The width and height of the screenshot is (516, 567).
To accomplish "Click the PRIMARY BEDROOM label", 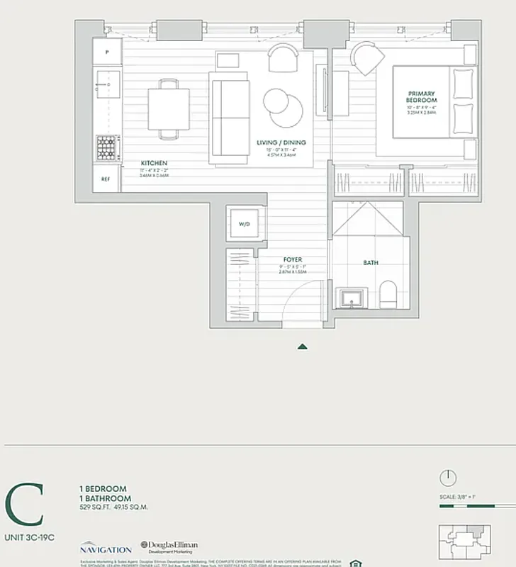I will pos(421,97).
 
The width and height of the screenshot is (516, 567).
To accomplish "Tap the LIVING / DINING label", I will pos(281,142).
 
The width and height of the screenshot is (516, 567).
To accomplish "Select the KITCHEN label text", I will pos(154,163).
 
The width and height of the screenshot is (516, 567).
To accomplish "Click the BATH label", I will pos(370,262).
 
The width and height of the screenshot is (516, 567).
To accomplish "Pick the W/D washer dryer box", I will pos(244,224).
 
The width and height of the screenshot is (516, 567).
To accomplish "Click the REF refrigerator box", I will pos(106,180).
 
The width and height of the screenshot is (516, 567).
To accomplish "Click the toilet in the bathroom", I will pos(388,296).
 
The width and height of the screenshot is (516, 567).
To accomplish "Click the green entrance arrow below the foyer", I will pos(303,347).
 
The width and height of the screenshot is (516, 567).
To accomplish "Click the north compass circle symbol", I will pos(447,478).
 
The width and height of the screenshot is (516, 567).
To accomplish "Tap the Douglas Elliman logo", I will pos(169,547).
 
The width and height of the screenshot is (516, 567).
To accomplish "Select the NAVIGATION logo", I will pos(105,549).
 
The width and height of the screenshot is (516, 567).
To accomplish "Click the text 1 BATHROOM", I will pos(103,498).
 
